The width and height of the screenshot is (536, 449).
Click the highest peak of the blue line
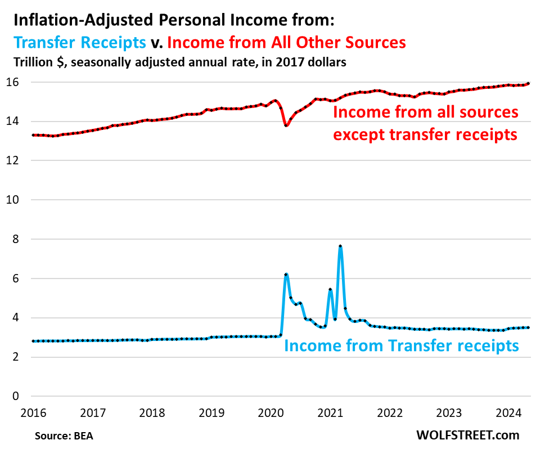coord(340,246)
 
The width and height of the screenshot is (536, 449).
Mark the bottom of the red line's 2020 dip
coord(286,125)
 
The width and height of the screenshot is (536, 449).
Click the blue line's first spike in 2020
coord(286,274)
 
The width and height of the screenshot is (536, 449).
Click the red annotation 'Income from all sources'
coord(425,112)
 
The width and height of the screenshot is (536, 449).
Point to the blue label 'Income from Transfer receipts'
coord(401,345)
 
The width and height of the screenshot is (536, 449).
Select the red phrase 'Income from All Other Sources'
coord(286,42)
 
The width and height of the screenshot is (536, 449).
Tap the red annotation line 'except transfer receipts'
coord(425,134)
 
